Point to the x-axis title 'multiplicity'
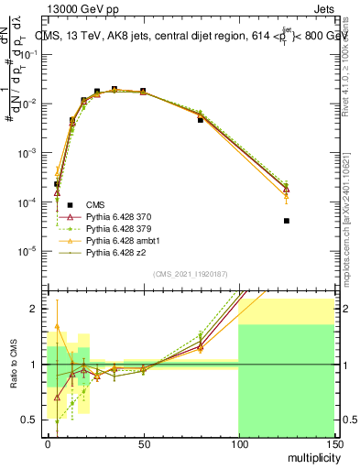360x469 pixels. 309,455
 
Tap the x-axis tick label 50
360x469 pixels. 143,442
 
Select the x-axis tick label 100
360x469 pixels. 238,442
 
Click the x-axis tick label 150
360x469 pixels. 333,442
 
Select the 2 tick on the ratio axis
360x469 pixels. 35,309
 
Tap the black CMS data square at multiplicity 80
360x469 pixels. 201,120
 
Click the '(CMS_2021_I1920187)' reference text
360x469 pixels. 191,274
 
